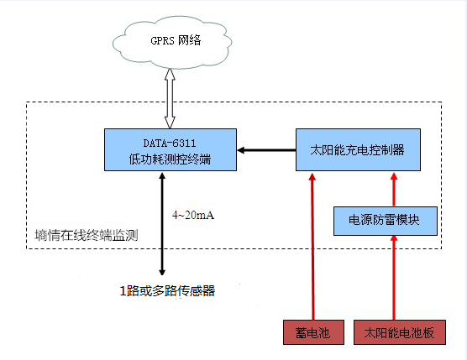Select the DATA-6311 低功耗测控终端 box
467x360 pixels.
(170, 150)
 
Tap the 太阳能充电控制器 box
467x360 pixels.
(357, 150)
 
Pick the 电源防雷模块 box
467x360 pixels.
(386, 220)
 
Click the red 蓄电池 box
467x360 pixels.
(312, 332)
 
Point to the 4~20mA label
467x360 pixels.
(193, 216)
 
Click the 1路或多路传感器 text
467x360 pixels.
(167, 291)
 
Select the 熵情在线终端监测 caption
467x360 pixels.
(81, 237)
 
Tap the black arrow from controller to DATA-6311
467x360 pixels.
(266, 150)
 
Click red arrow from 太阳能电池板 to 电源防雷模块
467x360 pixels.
(392, 277)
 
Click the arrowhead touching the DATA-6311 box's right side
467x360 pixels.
(241, 150)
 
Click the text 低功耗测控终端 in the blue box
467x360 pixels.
(169, 159)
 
